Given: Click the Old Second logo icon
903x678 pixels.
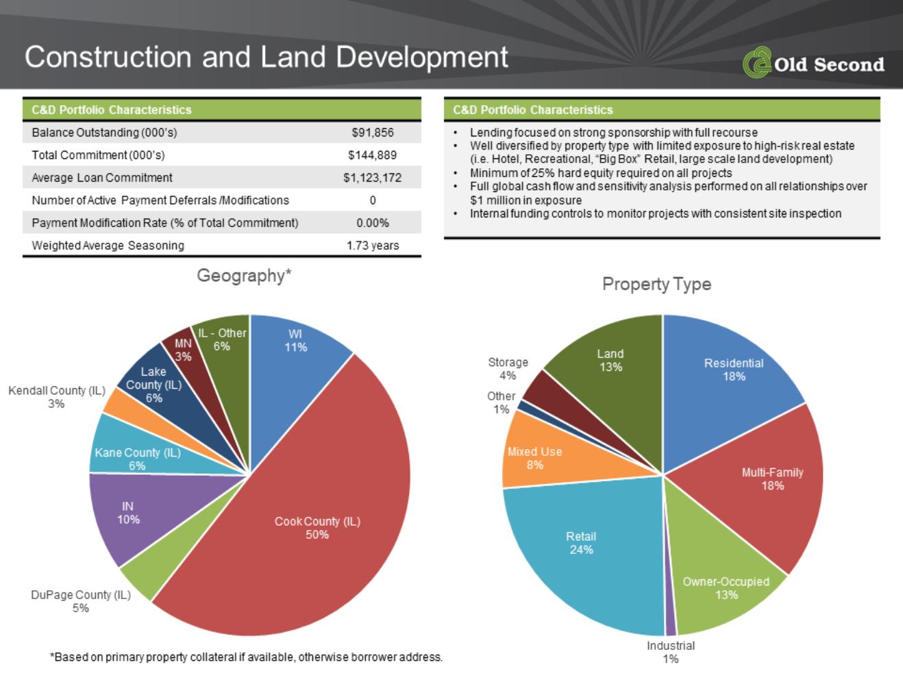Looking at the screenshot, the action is pyautogui.click(x=757, y=62).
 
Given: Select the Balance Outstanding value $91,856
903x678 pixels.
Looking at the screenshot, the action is pyautogui.click(x=373, y=132).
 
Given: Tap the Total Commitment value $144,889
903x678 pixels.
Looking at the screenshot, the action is pyautogui.click(x=372, y=155).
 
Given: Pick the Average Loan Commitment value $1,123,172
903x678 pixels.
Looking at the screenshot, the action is pyautogui.click(x=372, y=178).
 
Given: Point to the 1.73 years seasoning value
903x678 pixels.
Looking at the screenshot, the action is pyautogui.click(x=373, y=245).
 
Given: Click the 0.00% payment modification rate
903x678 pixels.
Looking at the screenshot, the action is pyautogui.click(x=373, y=223).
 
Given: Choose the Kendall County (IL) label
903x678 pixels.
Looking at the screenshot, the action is pyautogui.click(x=57, y=397).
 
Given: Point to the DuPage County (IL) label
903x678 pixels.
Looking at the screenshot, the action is pyautogui.click(x=81, y=601).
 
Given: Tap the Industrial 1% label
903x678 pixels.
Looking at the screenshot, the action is pyautogui.click(x=671, y=652).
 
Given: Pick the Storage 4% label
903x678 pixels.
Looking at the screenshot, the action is pyautogui.click(x=508, y=368).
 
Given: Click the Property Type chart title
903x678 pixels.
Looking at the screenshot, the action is pyautogui.click(x=656, y=284).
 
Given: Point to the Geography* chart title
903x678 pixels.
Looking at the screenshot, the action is pyautogui.click(x=244, y=276).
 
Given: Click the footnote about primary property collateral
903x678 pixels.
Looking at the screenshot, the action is pyautogui.click(x=246, y=657).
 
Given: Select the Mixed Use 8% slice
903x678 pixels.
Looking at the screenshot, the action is pyautogui.click(x=535, y=457).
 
